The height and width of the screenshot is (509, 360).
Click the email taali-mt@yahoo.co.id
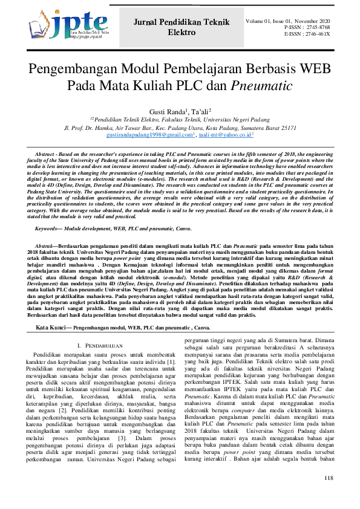225,136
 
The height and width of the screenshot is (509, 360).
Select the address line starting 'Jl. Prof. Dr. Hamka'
180,128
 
